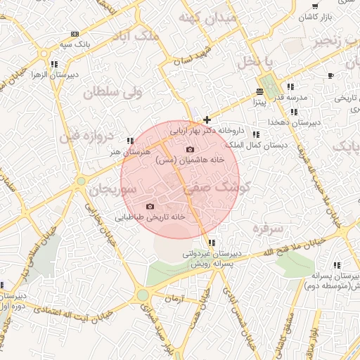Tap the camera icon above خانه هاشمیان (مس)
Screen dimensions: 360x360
pyautogui.click(x=189, y=149)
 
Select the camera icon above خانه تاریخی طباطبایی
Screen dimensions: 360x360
pyautogui.click(x=149, y=206)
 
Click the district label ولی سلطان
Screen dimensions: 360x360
pyautogui.click(x=112, y=92)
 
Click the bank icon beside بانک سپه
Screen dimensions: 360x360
pyautogui.click(x=75, y=34)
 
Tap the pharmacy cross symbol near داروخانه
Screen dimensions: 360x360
pyautogui.click(x=206, y=120)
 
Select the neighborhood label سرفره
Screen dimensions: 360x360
pyautogui.click(x=268, y=229)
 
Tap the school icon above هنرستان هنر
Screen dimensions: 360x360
pyautogui.click(x=130, y=141)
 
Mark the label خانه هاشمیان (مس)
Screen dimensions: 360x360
pyautogui.click(x=190, y=160)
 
